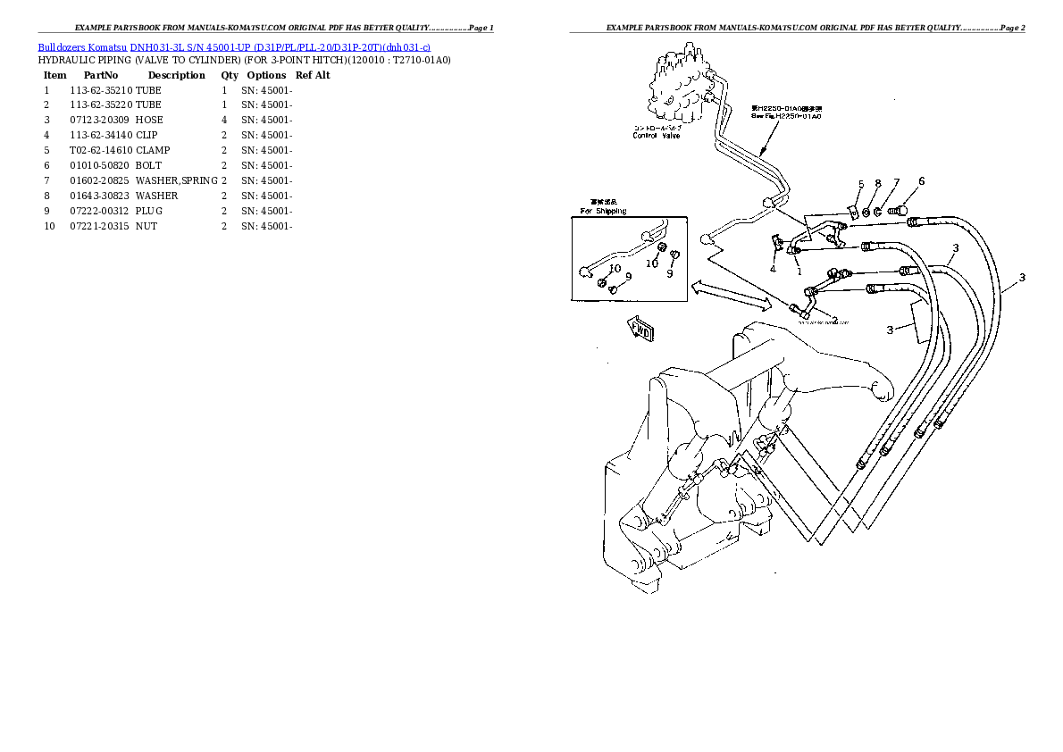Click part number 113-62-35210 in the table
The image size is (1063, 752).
[x=100, y=90]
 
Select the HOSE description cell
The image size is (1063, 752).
[x=149, y=120]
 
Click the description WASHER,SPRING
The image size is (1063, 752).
[x=176, y=180]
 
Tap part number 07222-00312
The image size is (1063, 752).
[x=100, y=211]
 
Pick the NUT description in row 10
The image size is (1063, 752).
[x=146, y=226]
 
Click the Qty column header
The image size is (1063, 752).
[x=230, y=75]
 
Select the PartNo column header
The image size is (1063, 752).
[x=101, y=75]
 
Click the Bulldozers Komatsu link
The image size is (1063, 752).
[x=81, y=46]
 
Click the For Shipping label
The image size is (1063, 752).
[x=604, y=211]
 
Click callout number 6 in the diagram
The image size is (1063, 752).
[x=921, y=181]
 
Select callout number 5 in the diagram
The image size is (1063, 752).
[x=861, y=185]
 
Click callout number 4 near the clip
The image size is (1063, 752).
[x=773, y=268]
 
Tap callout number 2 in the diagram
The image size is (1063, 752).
[x=834, y=320]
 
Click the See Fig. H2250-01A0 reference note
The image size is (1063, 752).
[x=786, y=113]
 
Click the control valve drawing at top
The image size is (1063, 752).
[x=679, y=89]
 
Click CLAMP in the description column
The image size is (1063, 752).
[x=152, y=150]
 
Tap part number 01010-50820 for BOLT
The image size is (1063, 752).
[x=100, y=165]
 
